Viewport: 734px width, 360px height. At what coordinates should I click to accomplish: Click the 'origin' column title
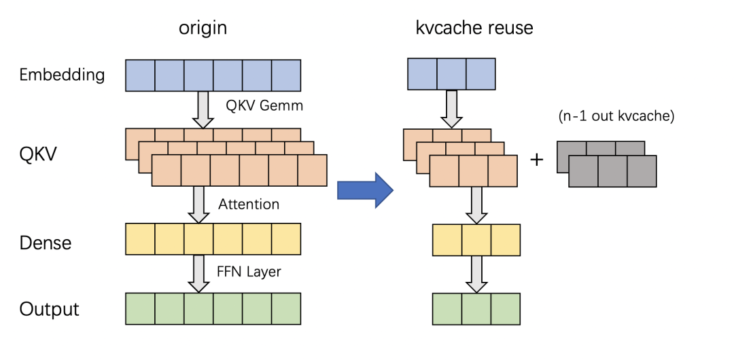(203, 28)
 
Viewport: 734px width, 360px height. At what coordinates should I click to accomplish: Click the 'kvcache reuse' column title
(474, 28)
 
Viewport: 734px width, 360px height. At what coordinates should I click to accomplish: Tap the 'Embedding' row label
(62, 75)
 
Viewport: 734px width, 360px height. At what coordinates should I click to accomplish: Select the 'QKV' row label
(37, 154)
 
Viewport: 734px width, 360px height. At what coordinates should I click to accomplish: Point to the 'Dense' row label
(45, 242)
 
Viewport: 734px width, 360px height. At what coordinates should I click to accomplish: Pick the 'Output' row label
(49, 309)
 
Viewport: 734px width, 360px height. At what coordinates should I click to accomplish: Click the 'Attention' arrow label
(249, 204)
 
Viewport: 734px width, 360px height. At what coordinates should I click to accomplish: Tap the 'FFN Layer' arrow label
(249, 271)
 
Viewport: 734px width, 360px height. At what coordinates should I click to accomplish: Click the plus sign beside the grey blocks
(537, 160)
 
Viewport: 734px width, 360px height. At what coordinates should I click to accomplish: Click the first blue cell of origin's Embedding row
(141, 75)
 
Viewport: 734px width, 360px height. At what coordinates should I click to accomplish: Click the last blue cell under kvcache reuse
(480, 74)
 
